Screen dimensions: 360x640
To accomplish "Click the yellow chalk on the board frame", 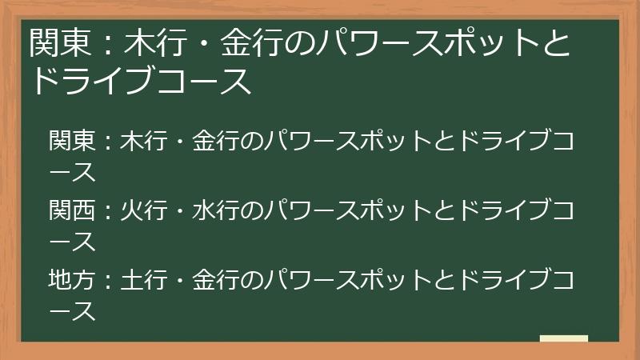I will pos(564,339).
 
